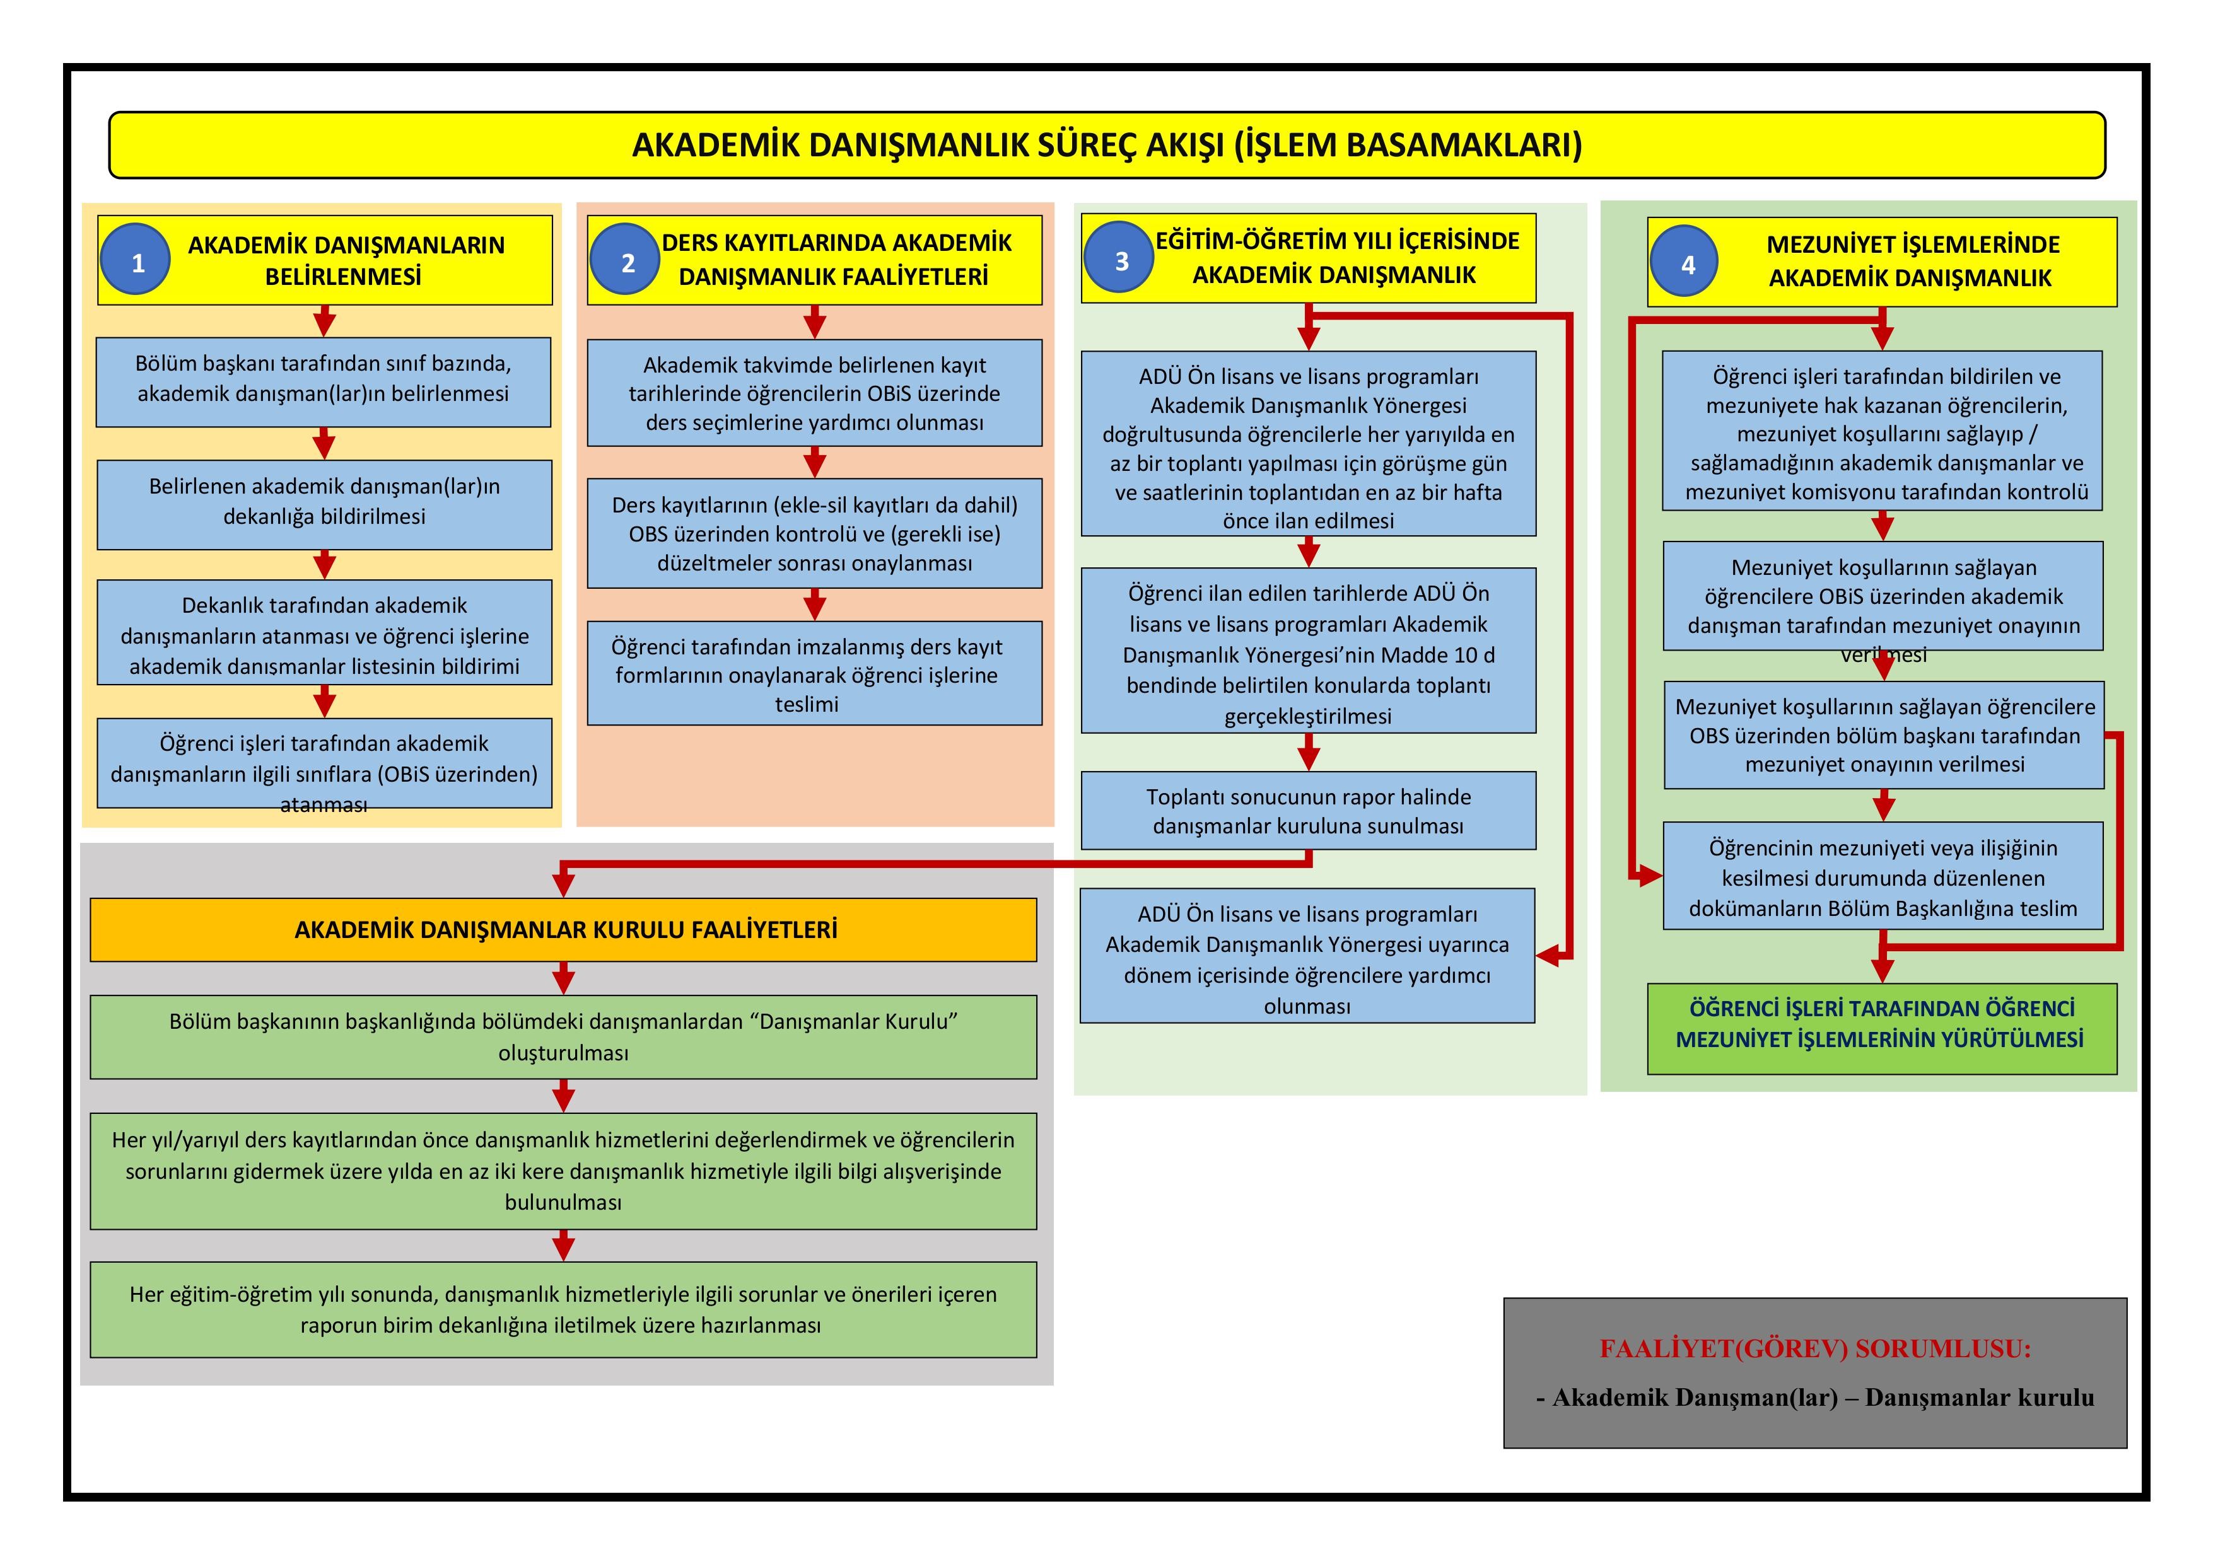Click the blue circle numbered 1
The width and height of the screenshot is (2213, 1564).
[135, 260]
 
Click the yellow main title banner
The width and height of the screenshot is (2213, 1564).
[1106, 144]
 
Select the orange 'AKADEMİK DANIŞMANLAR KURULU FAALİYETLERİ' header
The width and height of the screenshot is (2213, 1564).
[564, 930]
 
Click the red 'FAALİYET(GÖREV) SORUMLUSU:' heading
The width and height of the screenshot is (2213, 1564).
[1815, 1348]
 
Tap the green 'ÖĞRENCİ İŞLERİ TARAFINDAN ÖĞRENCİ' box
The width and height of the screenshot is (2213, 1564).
[1881, 1028]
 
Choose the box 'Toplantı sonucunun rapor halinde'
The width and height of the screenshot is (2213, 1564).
[1308, 811]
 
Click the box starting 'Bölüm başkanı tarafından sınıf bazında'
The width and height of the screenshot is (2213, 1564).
[323, 381]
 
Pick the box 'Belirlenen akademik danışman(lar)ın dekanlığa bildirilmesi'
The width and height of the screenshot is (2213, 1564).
[324, 504]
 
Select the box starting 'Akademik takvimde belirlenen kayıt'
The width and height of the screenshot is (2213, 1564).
[814, 392]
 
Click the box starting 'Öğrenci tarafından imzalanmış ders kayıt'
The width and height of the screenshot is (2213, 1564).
[814, 674]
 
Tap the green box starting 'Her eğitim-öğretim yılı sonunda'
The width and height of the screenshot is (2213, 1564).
[563, 1309]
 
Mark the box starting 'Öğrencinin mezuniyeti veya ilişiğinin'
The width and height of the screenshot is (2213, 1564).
[1883, 876]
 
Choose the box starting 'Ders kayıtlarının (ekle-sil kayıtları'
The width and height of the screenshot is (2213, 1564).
[814, 533]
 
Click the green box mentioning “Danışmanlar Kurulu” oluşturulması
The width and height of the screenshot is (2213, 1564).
[563, 1036]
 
